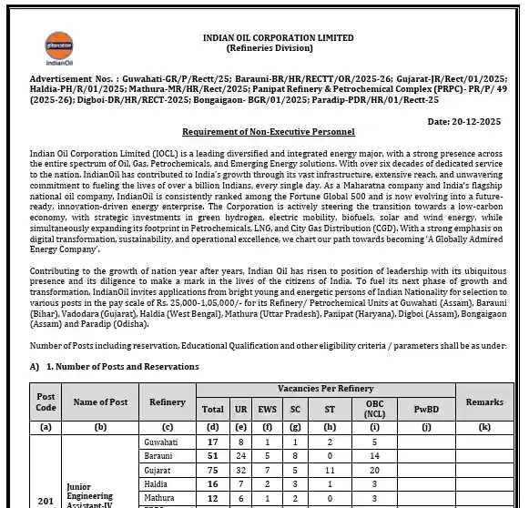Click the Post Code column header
46,401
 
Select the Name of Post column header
100,401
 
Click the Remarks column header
483,401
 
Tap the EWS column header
268,409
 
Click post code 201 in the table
46,499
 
